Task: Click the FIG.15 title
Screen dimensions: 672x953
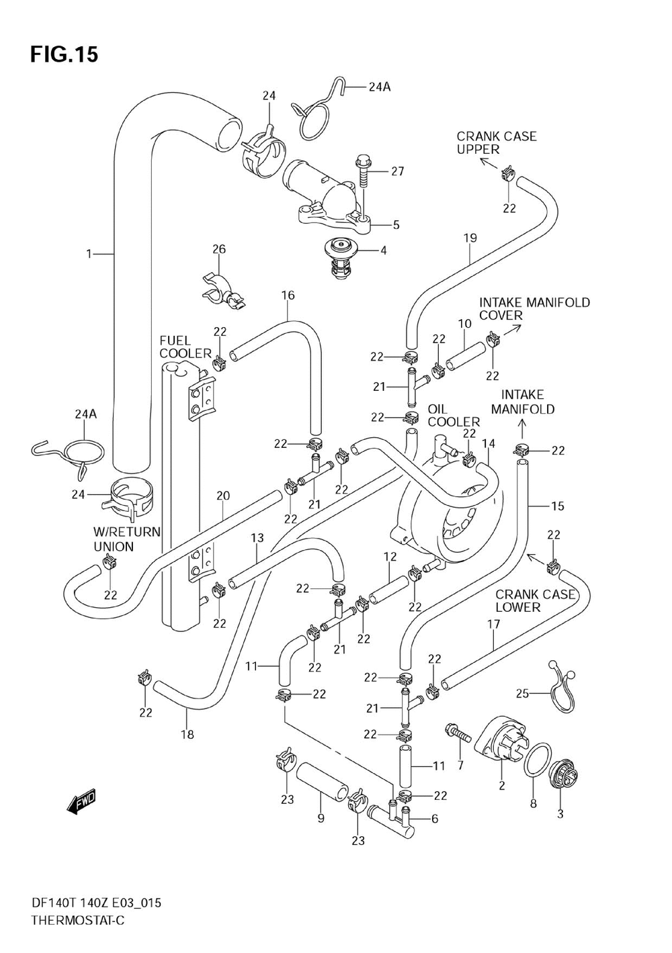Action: [x=65, y=54]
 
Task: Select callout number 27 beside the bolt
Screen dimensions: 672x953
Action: [x=397, y=171]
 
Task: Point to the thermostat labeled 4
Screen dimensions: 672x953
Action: [x=341, y=259]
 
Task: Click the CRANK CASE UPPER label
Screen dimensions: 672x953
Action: [x=496, y=143]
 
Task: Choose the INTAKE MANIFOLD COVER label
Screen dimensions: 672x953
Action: [x=534, y=309]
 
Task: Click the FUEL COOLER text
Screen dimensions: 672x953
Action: [x=185, y=347]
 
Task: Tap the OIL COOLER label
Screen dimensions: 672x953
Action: [x=453, y=416]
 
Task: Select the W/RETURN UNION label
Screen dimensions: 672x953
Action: [x=127, y=539]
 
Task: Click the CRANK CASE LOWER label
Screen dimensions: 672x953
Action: [x=535, y=600]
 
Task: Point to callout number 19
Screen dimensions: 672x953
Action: [x=470, y=238]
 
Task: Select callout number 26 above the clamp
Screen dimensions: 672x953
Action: [x=219, y=249]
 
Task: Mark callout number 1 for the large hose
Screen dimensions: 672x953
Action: [x=89, y=254]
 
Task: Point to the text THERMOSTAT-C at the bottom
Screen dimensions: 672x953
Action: [x=78, y=929]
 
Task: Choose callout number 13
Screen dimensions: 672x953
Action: [x=257, y=538]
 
